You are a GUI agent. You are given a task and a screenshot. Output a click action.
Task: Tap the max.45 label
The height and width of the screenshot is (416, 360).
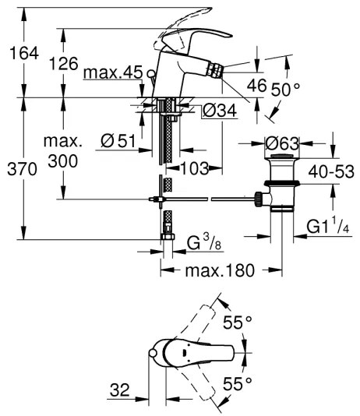click(x=113, y=73)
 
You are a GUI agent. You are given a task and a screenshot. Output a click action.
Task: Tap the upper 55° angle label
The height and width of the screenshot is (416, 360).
click(x=238, y=321)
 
